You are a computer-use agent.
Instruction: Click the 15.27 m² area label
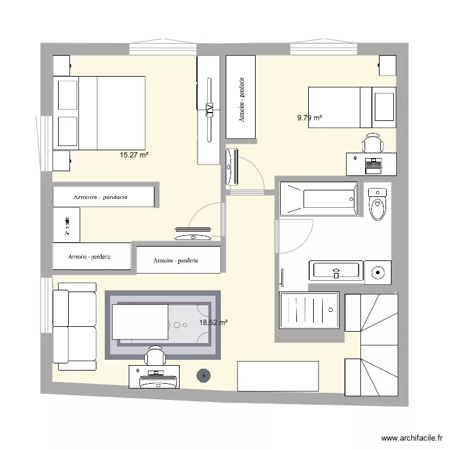[134, 154]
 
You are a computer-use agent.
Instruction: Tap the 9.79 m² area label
[310, 118]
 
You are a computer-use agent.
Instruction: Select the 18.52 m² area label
[213, 322]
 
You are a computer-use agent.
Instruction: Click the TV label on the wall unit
[210, 109]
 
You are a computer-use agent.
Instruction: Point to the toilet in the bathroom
[378, 204]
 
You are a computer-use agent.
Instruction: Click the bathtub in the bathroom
[318, 198]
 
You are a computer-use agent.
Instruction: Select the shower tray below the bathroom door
[309, 310]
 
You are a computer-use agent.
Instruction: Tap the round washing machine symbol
[378, 272]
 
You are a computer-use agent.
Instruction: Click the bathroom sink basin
[336, 271]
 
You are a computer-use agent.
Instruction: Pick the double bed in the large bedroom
[99, 113]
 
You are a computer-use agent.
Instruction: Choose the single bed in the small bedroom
[352, 107]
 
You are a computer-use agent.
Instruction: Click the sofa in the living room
[75, 326]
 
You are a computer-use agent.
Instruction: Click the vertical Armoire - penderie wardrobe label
[242, 99]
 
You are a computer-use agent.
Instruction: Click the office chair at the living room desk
[155, 357]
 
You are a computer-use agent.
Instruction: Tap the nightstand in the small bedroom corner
[386, 65]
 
